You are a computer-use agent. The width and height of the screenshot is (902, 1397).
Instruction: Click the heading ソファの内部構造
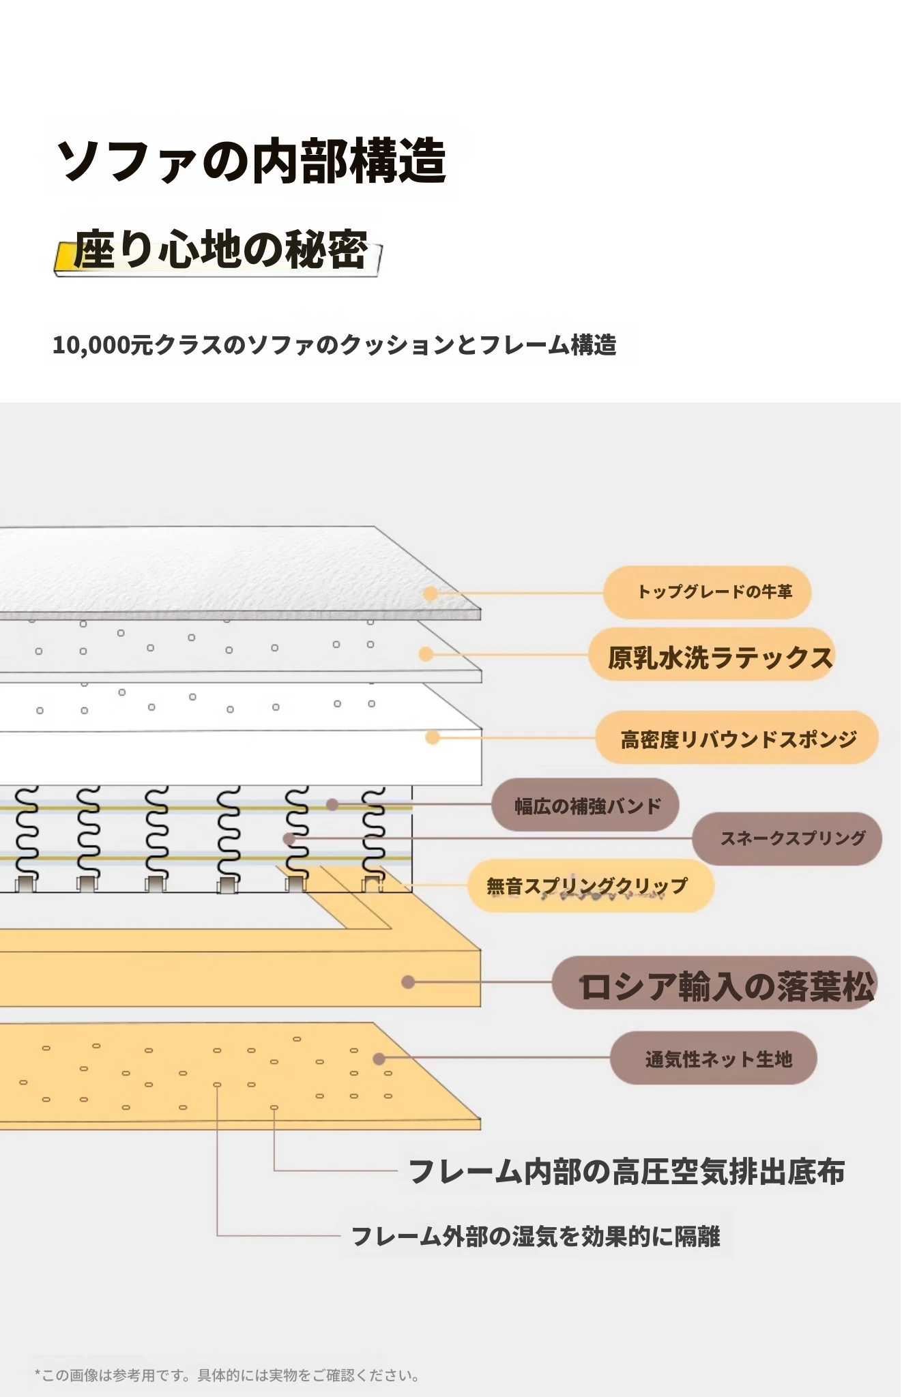tap(251, 161)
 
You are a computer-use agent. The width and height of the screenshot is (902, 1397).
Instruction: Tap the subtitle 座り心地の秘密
tap(220, 249)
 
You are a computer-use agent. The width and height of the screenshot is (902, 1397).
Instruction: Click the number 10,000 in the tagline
tap(91, 345)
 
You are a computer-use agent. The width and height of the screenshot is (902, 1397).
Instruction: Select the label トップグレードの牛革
tap(714, 591)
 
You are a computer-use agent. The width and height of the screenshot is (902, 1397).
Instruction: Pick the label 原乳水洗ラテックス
tap(721, 658)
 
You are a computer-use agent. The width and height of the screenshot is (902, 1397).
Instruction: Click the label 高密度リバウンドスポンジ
tap(739, 739)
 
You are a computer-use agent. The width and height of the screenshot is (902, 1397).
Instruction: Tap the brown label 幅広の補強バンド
tap(587, 806)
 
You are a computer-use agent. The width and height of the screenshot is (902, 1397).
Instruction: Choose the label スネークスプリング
tap(793, 838)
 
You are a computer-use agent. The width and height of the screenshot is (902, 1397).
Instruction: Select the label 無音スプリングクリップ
tap(587, 886)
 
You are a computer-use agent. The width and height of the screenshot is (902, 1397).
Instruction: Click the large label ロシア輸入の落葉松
tap(726, 986)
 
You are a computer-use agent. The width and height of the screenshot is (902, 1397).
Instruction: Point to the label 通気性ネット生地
tap(718, 1059)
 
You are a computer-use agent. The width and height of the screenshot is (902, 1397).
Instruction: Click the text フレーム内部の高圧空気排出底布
tap(626, 1172)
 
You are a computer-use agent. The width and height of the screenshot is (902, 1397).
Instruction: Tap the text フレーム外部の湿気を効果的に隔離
tap(536, 1236)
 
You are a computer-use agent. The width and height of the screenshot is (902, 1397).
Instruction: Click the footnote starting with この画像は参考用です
tap(227, 1376)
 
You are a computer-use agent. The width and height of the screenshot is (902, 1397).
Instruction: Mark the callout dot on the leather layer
tap(431, 593)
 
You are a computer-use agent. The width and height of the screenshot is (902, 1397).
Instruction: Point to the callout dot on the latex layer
tap(426, 654)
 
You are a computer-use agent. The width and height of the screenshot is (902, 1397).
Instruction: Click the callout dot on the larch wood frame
tap(408, 982)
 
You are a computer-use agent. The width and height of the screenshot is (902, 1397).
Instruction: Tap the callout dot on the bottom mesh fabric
tap(379, 1059)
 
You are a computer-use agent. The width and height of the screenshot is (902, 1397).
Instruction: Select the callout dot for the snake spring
tap(289, 838)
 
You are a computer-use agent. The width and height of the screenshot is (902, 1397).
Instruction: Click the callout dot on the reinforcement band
tap(332, 805)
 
